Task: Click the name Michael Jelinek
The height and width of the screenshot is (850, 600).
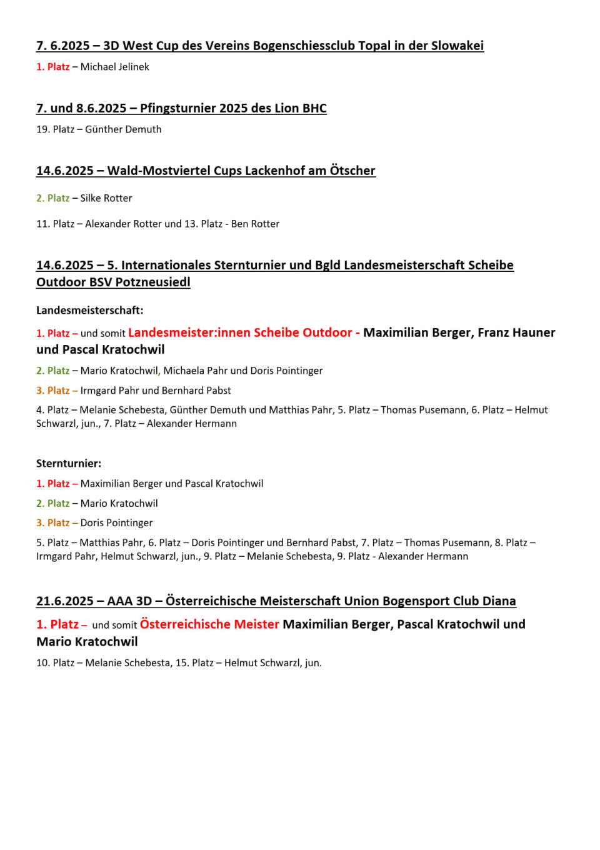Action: pyautogui.click(x=114, y=67)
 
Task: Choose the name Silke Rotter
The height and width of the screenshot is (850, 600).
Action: pyautogui.click(x=106, y=198)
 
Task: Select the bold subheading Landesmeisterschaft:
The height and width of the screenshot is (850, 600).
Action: pyautogui.click(x=89, y=310)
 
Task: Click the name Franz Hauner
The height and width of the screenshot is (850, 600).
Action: pyautogui.click(x=516, y=332)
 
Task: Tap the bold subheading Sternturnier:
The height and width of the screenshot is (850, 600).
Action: pyautogui.click(x=69, y=463)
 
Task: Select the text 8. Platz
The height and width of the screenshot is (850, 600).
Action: pyautogui.click(x=511, y=542)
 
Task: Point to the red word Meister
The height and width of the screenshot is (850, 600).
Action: pyautogui.click(x=257, y=624)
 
